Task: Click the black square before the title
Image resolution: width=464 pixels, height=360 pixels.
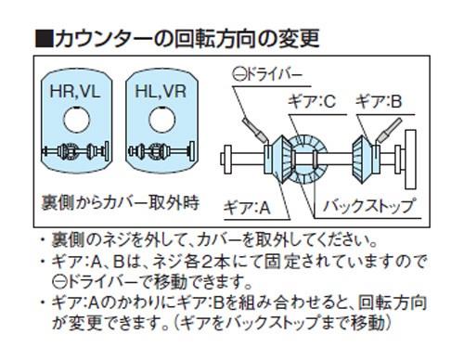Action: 44,39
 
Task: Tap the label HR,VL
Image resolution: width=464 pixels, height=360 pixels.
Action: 75,92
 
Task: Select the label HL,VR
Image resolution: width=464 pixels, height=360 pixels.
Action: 161,92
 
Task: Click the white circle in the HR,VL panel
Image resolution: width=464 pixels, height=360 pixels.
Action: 77,120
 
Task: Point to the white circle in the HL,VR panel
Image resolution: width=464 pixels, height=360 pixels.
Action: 161,120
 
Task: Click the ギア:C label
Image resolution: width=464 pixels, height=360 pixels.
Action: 312,101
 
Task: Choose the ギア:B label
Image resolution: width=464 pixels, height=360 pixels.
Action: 379,101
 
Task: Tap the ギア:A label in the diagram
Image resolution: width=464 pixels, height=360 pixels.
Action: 247,207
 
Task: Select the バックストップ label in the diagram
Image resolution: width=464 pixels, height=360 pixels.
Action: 368,206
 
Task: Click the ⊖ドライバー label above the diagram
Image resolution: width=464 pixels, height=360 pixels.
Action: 267,74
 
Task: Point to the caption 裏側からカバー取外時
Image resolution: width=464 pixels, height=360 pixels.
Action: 120,203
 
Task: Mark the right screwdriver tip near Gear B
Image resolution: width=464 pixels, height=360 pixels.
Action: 380,139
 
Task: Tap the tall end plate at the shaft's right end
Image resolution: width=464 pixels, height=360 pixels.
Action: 410,160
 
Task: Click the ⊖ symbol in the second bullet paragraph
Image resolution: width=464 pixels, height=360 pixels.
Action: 58,282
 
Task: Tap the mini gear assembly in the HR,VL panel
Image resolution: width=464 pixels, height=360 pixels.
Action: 75,151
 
